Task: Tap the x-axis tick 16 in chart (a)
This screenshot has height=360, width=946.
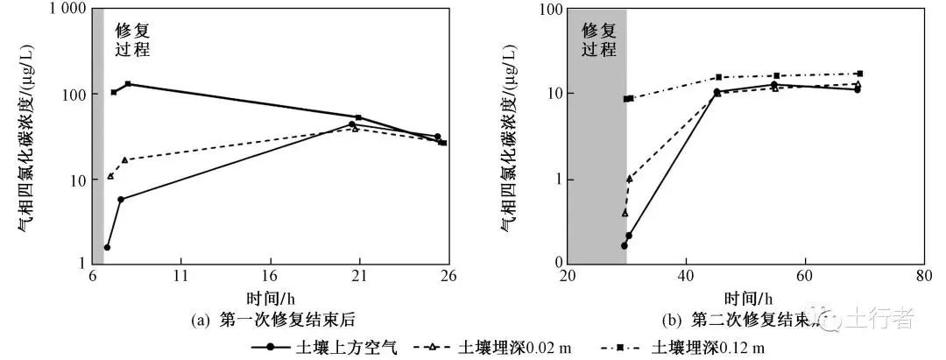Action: (x=270, y=277)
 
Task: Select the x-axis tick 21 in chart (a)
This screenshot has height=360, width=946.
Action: (x=359, y=277)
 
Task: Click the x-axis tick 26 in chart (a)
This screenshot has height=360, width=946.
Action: (x=448, y=277)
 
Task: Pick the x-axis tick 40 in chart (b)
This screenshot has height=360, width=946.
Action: (x=685, y=277)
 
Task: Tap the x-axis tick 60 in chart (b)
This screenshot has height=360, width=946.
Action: (x=804, y=277)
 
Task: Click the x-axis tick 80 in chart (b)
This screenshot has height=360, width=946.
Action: (x=923, y=277)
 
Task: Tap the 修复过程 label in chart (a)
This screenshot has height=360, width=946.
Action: (x=133, y=39)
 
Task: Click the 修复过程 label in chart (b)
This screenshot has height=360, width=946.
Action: (x=599, y=39)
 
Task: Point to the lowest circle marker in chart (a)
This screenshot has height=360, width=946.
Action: (x=107, y=248)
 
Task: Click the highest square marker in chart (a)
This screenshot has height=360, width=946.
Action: (x=128, y=84)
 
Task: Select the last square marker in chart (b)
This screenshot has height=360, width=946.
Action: (x=860, y=74)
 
